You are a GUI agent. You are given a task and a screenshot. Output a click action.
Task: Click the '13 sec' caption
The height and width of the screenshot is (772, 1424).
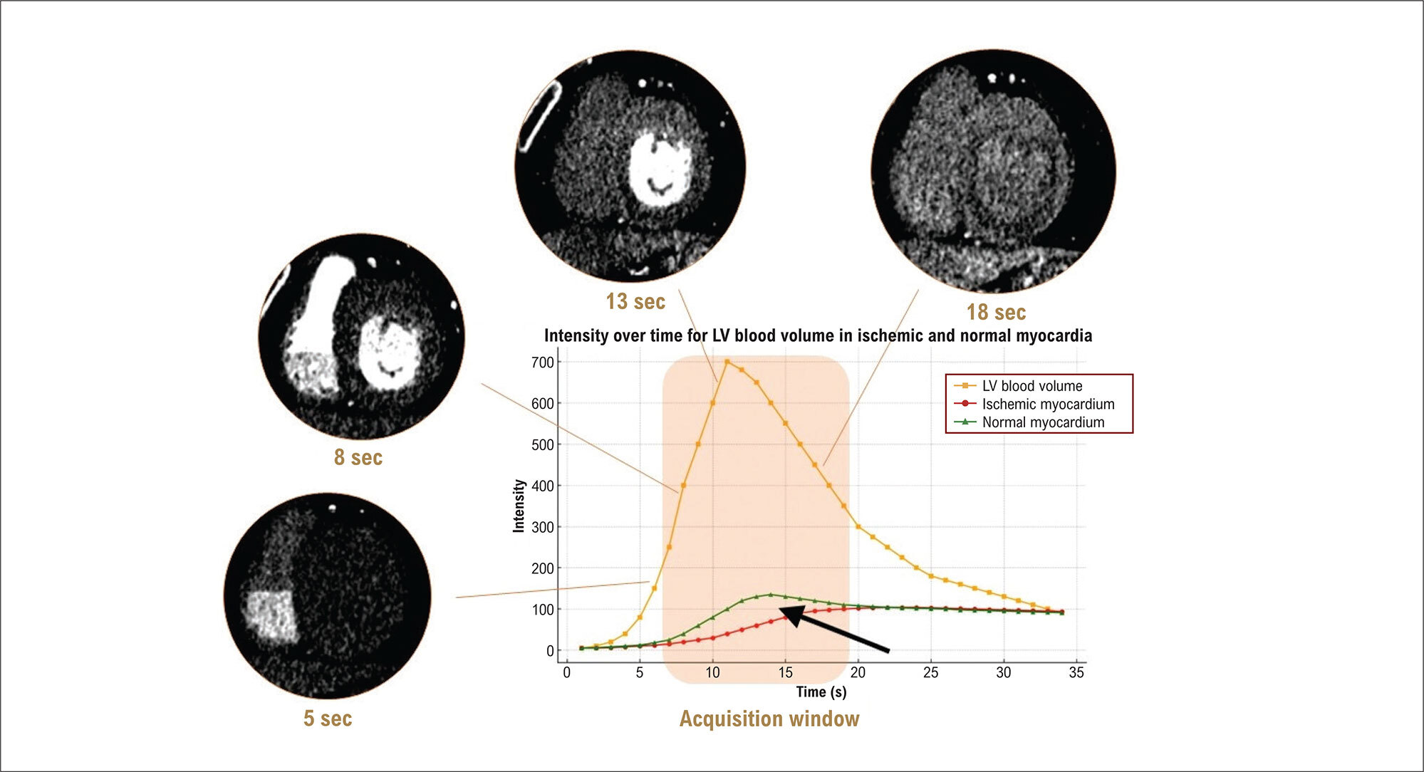[x=635, y=301]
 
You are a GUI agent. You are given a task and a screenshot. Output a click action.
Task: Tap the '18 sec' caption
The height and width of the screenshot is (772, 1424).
[x=996, y=312]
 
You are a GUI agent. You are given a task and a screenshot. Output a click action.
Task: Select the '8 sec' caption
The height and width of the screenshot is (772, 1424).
[x=358, y=457]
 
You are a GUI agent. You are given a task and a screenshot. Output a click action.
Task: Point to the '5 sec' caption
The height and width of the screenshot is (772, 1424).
[x=328, y=718]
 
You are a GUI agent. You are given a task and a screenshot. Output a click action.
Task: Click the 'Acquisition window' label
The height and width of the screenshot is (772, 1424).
[x=769, y=719]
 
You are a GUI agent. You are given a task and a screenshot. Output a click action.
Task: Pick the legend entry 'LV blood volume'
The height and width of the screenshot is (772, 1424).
[x=1032, y=386]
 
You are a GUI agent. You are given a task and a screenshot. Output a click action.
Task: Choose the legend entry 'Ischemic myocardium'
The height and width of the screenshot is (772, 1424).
[x=1048, y=405]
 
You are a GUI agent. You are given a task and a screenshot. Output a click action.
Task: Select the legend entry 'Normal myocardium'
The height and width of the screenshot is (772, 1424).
[x=1043, y=422]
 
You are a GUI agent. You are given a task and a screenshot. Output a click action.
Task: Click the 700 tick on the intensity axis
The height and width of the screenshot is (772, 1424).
[x=542, y=362]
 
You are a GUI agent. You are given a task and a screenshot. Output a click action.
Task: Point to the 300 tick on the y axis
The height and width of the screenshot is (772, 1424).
[x=542, y=528]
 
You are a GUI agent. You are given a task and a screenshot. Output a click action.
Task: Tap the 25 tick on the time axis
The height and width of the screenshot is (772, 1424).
[x=930, y=672]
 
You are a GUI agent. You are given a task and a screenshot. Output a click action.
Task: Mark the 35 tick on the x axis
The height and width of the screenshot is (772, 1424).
[x=1076, y=672]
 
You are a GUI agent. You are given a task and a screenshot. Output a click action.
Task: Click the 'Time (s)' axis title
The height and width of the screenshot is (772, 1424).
[x=821, y=692]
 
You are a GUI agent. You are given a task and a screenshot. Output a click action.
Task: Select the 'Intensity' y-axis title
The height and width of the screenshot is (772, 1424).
[x=519, y=506]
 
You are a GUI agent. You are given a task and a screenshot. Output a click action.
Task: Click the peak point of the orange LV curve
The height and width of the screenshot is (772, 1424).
[x=727, y=362]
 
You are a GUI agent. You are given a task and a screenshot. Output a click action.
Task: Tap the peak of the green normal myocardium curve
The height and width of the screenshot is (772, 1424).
[x=770, y=595]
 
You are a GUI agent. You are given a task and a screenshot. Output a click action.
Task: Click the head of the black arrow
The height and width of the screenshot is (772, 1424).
[x=781, y=610]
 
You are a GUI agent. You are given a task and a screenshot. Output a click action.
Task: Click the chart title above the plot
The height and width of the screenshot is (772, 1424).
[x=818, y=335]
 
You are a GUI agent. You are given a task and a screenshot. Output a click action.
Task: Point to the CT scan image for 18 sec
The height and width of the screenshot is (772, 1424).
[x=993, y=171]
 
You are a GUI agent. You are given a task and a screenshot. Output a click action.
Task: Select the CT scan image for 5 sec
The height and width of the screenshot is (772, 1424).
[x=328, y=595]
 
